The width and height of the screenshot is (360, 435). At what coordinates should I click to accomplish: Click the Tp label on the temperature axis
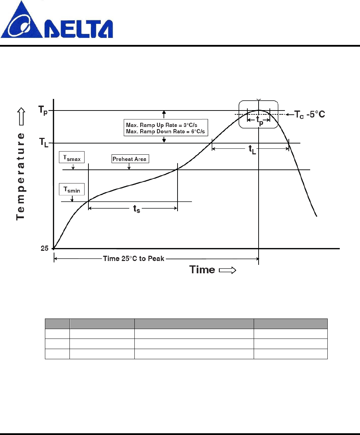(x=43, y=111)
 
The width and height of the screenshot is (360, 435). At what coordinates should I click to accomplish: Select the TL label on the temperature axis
(x=44, y=143)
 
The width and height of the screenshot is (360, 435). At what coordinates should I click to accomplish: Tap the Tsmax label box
(x=72, y=158)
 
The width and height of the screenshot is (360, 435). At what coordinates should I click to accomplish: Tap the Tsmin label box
(x=72, y=190)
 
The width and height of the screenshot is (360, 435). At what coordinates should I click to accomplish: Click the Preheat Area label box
(x=130, y=159)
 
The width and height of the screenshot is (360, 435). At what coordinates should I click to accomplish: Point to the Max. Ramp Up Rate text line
(x=162, y=125)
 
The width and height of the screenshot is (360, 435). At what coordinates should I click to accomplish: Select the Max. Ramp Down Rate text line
(x=165, y=132)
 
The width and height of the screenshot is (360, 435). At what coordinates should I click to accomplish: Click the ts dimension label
(x=136, y=209)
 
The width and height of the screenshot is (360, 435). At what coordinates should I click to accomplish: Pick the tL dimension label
(x=252, y=149)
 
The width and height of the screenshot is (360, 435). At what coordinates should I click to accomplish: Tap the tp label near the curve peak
(x=259, y=120)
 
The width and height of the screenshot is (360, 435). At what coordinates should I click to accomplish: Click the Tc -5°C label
(x=309, y=114)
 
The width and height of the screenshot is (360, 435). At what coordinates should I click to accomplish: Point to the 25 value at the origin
(x=45, y=248)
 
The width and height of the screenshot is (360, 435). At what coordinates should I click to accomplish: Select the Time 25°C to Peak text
(x=134, y=259)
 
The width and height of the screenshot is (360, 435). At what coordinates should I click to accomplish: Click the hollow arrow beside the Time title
(x=227, y=270)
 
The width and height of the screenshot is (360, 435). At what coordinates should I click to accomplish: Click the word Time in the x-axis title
(x=202, y=269)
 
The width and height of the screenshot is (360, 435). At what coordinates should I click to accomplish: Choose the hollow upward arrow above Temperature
(x=21, y=116)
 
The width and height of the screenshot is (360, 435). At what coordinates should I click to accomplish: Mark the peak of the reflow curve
(x=259, y=111)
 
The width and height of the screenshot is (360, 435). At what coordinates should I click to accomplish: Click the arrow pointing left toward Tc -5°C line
(x=290, y=114)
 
